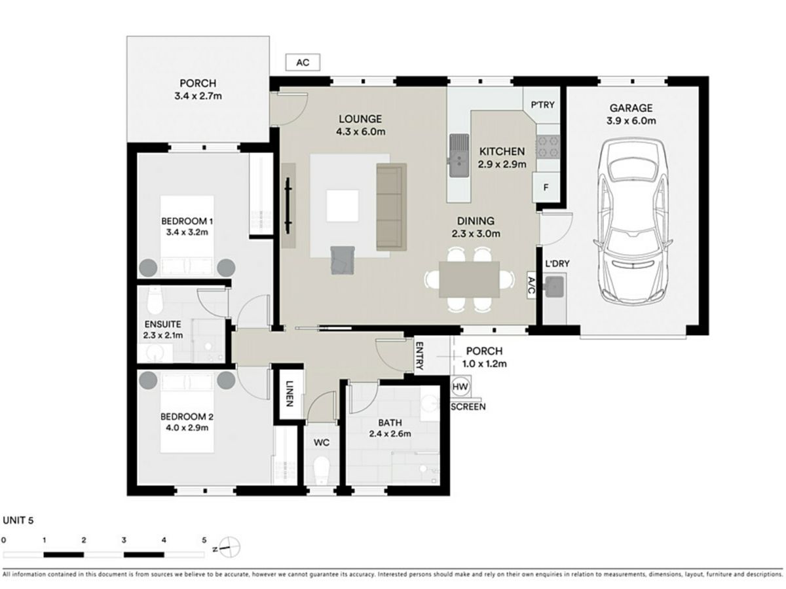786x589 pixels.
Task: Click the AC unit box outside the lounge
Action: [303, 62]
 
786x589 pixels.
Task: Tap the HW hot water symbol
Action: [460, 387]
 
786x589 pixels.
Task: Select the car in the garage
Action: [632, 221]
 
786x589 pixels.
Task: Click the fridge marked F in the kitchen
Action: [546, 187]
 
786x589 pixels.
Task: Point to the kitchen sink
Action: [459, 156]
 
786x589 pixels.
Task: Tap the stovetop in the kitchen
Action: [548, 147]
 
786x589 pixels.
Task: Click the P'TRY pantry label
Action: [542, 105]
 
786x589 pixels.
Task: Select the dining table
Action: [470, 279]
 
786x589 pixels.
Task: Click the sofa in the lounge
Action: [392, 207]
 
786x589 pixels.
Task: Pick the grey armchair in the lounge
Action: [343, 260]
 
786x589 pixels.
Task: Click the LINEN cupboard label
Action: [290, 393]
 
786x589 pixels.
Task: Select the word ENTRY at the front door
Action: [420, 355]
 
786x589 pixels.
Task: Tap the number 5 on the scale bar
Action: [204, 540]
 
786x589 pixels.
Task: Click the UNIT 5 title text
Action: [18, 520]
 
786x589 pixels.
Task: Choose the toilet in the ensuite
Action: [155, 300]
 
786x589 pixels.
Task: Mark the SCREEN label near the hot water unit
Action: [468, 406]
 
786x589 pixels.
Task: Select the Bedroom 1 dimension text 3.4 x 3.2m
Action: [187, 232]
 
